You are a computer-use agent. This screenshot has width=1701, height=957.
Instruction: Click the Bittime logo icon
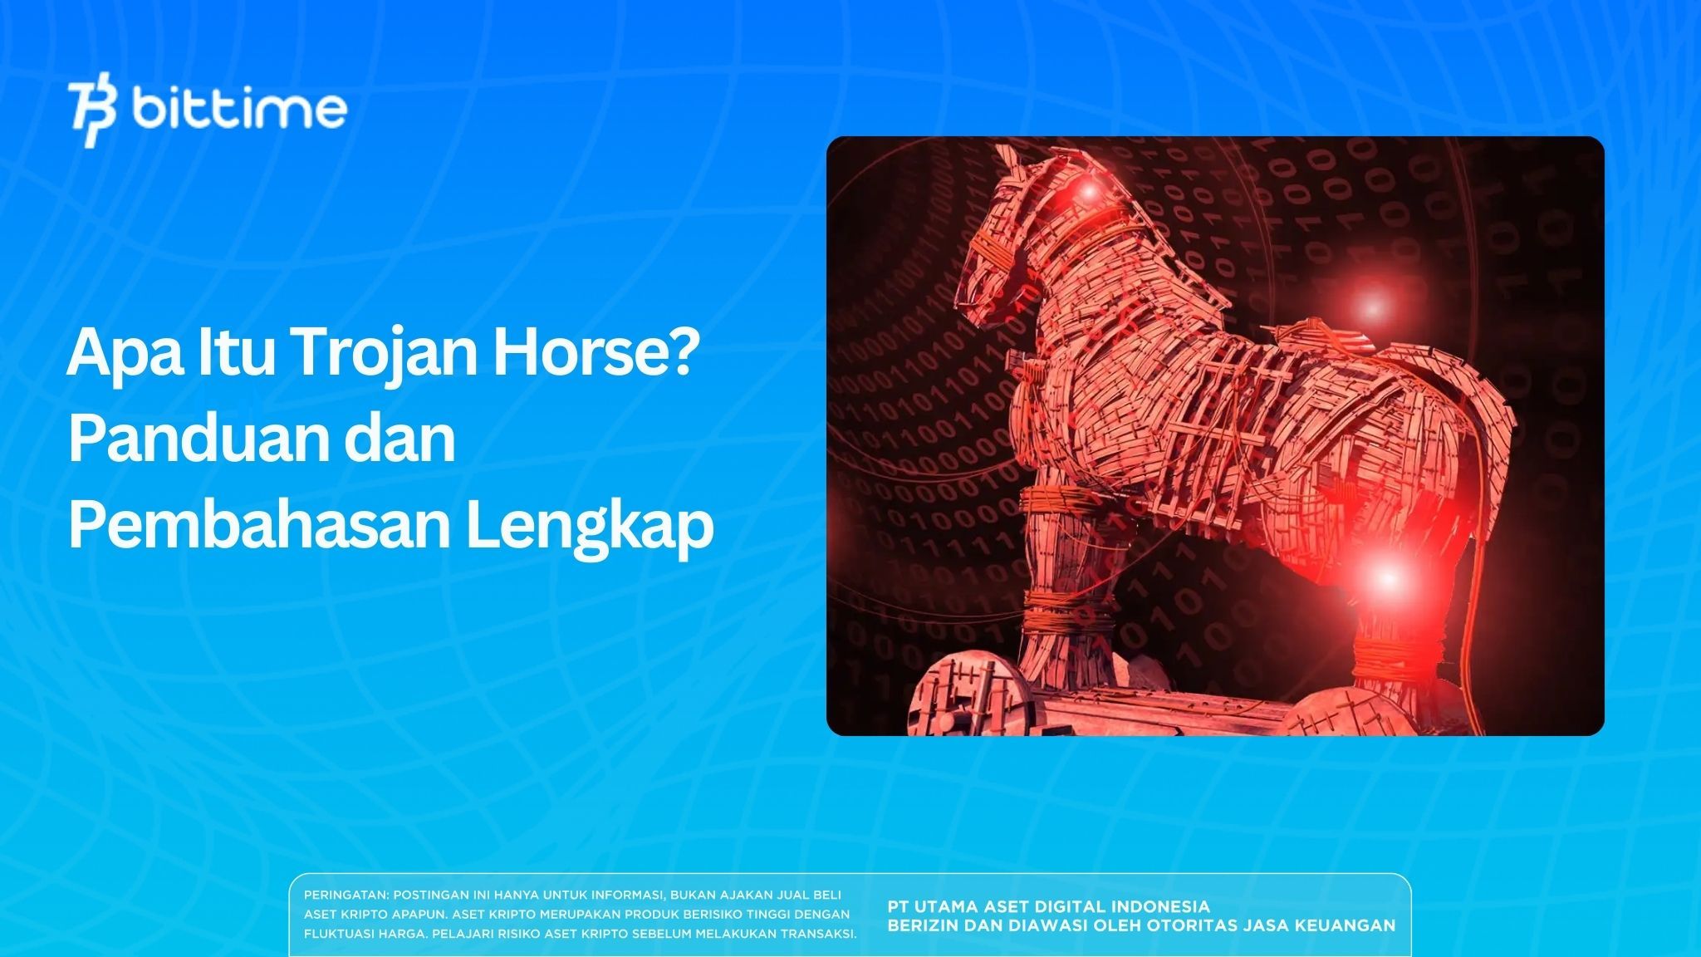92,114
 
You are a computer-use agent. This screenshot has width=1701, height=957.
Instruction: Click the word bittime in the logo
239,110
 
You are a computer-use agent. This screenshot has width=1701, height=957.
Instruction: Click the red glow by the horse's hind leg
1385,576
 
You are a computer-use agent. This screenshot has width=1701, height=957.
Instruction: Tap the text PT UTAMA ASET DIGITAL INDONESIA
1048,906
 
